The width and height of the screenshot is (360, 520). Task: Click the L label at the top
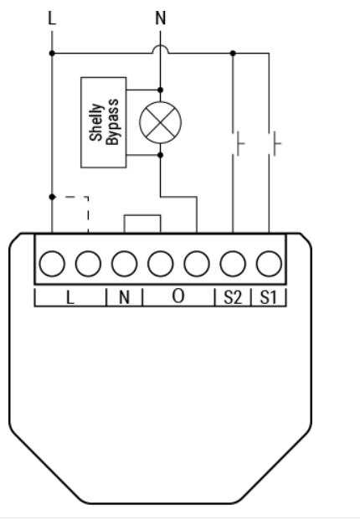(x=52, y=18)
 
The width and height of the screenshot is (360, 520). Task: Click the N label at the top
(x=161, y=18)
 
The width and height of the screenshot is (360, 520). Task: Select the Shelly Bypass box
(x=104, y=122)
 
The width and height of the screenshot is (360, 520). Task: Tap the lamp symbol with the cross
(x=161, y=122)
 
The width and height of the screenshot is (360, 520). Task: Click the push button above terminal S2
(x=239, y=143)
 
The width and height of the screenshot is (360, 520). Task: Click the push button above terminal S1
(x=275, y=143)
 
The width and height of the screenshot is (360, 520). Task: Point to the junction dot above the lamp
(x=161, y=90)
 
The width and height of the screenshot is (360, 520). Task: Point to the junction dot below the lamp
(x=161, y=155)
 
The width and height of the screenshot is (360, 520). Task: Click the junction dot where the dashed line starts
(x=52, y=197)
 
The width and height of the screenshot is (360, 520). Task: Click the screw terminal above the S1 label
(x=269, y=264)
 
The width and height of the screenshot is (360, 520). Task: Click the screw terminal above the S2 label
(x=233, y=264)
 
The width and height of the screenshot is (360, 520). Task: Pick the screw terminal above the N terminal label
(x=124, y=264)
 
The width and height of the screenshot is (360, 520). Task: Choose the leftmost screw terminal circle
(x=52, y=264)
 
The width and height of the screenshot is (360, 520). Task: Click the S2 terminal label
(x=233, y=297)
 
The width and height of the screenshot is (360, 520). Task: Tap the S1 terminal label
(x=268, y=297)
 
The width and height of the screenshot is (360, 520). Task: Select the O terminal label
(x=178, y=296)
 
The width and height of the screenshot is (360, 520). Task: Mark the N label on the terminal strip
(x=124, y=297)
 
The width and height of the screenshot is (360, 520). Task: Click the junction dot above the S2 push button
(x=233, y=53)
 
